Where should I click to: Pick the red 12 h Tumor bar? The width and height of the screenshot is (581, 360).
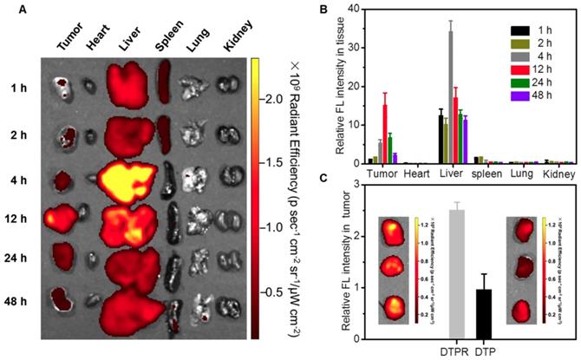tap(384, 134)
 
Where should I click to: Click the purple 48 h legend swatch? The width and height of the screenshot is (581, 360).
tap(517, 122)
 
